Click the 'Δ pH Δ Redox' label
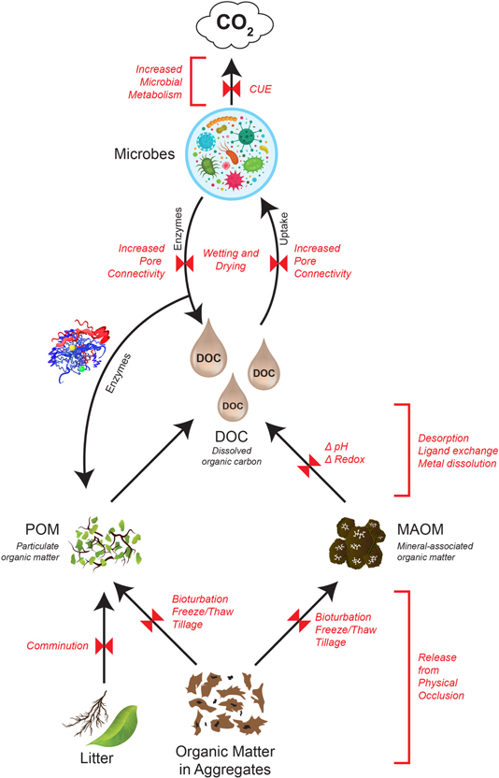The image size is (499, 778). pos(344,453)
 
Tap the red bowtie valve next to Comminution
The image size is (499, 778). pos(105,645)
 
